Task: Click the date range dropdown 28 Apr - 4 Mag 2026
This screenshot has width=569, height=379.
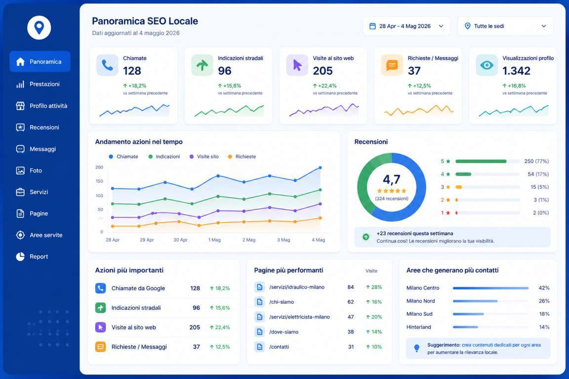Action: click(x=406, y=26)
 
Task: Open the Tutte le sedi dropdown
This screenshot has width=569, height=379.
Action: click(x=505, y=26)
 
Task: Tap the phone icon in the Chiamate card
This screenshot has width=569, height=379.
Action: click(x=107, y=65)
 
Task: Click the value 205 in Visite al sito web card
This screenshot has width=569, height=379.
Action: click(x=323, y=71)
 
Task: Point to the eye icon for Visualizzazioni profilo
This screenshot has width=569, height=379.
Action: click(x=487, y=65)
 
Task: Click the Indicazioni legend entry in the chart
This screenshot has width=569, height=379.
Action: click(x=164, y=156)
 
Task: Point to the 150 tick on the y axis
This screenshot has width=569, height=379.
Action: click(x=99, y=181)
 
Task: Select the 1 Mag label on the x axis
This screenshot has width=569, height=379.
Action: click(x=214, y=240)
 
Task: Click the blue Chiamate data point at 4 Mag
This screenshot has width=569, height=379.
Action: click(x=320, y=168)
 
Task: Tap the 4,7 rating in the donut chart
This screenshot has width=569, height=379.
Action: click(x=392, y=179)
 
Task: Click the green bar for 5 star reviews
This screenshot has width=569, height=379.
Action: click(x=481, y=161)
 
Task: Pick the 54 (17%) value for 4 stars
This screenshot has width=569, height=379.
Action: click(x=538, y=174)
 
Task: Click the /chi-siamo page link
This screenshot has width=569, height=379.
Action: click(x=282, y=302)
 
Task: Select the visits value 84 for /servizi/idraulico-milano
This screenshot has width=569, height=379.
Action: click(x=351, y=287)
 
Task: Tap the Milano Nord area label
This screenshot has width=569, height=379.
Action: click(x=421, y=301)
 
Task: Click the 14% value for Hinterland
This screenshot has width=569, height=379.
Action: click(x=544, y=327)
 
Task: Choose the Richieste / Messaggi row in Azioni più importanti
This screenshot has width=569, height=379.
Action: click(x=163, y=347)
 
